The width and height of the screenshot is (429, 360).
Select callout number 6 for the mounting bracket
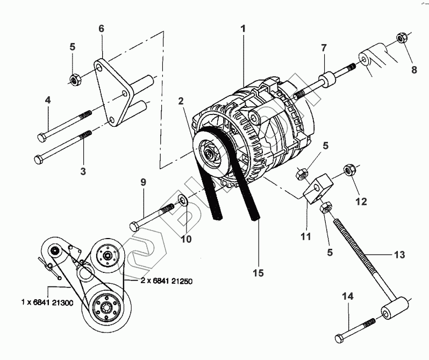[x=101, y=28]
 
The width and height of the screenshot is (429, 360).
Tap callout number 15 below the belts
[x=259, y=273]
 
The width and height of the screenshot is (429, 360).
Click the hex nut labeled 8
[x=401, y=38]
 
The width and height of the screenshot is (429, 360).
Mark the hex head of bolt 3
[x=38, y=159]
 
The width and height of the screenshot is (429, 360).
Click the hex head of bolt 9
[x=133, y=224]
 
